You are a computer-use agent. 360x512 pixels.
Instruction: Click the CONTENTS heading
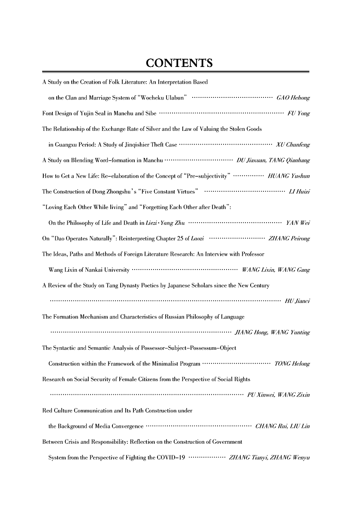click(179, 64)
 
